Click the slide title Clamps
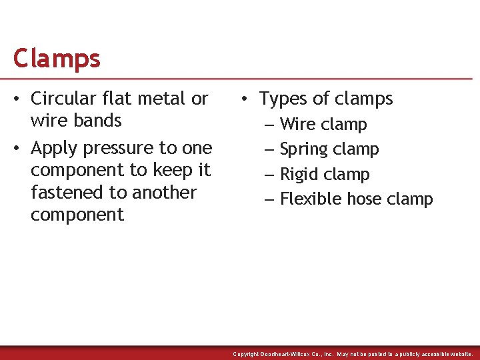[57, 59]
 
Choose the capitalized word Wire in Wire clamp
[297, 125]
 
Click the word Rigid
[300, 175]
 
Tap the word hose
[367, 199]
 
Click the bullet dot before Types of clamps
[246, 99]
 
